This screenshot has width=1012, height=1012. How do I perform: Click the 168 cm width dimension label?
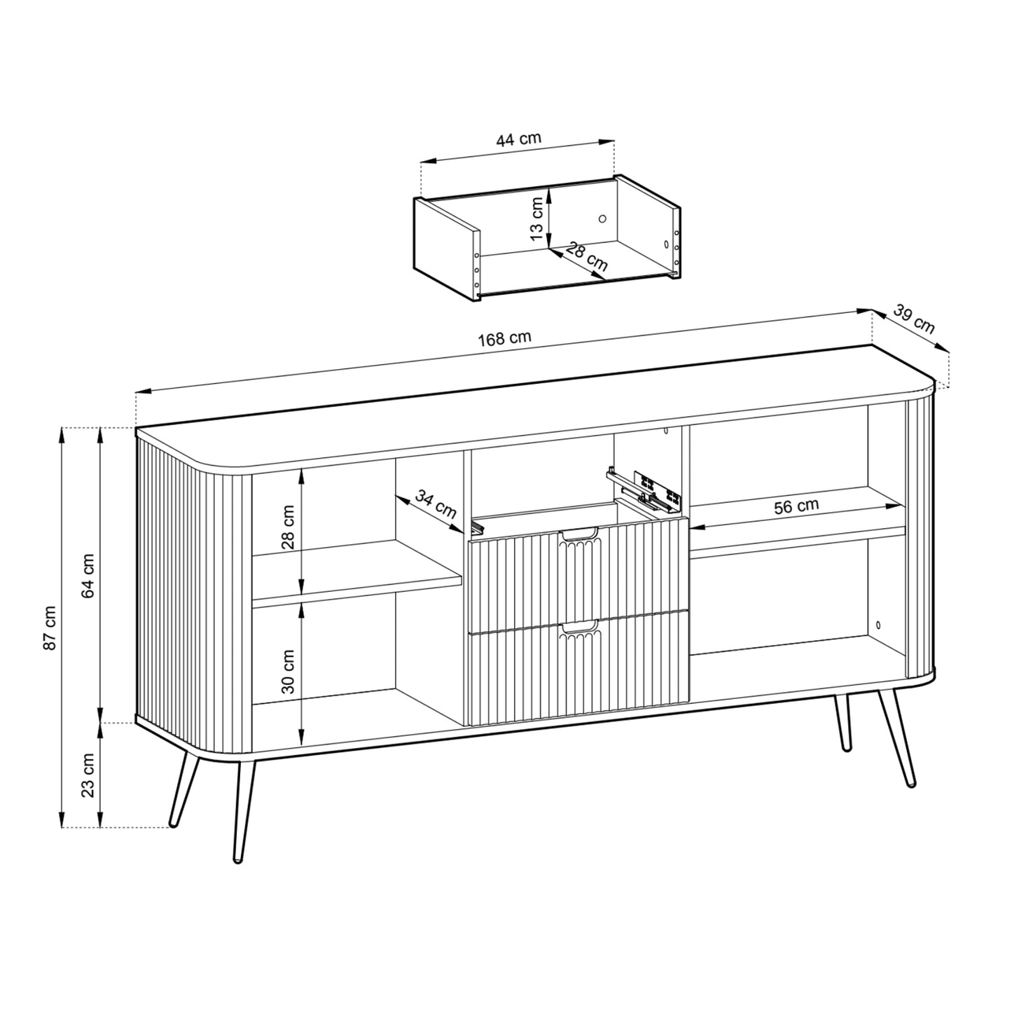tap(504, 339)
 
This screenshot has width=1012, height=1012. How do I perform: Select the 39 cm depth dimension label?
tap(914, 320)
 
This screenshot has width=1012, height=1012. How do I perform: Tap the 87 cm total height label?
tap(50, 627)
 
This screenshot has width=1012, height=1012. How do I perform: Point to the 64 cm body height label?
tap(88, 576)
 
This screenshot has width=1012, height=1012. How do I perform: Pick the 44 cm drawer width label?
tap(518, 139)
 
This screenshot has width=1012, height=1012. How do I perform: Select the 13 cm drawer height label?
tap(536, 219)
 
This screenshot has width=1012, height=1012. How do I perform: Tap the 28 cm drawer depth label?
tap(586, 256)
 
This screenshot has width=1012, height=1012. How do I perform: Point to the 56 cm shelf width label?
tap(796, 506)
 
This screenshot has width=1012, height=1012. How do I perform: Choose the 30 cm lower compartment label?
tap(288, 671)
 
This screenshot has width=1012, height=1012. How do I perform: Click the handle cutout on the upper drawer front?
tap(578, 536)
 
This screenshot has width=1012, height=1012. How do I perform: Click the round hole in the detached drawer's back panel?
tap(602, 219)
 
